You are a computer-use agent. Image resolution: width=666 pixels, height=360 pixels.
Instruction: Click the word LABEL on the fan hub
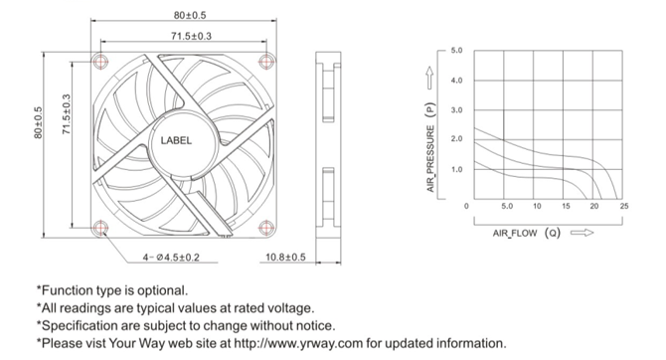pos(176,140)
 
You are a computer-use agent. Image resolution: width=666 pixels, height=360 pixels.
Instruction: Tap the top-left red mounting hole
pos(101,61)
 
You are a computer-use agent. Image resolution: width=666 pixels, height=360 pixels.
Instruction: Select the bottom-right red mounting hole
pos(265,228)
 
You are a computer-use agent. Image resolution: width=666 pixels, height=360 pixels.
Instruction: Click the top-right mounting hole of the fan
pos(266,62)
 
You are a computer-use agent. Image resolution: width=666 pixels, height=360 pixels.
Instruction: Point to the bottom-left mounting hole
pos(101,228)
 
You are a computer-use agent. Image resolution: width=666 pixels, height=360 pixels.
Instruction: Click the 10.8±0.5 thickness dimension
pos(285,258)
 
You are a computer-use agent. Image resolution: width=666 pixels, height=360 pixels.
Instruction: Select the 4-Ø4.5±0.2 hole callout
pos(171,258)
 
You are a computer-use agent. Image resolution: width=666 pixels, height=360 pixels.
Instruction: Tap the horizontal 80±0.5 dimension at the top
pos(190,15)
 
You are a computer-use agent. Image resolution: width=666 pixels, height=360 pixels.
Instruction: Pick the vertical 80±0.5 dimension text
pos(38,122)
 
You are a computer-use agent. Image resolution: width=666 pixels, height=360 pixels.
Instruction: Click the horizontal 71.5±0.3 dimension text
pos(191,36)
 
